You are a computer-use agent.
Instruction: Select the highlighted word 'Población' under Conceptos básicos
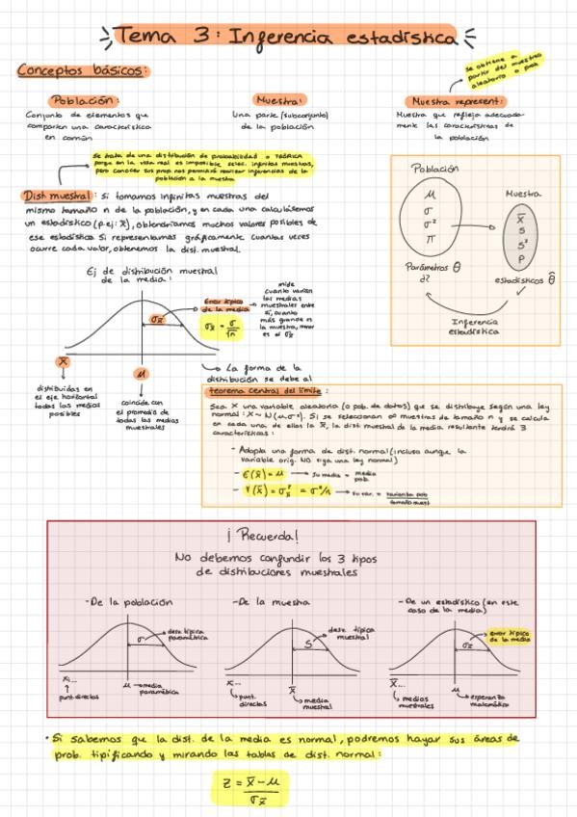point(86,100)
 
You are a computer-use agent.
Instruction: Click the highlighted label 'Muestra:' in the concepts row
point(279,100)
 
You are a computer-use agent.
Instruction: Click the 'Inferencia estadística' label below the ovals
point(473,327)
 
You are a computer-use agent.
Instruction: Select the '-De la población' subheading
point(122,601)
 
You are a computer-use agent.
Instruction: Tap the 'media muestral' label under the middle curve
point(318,702)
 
